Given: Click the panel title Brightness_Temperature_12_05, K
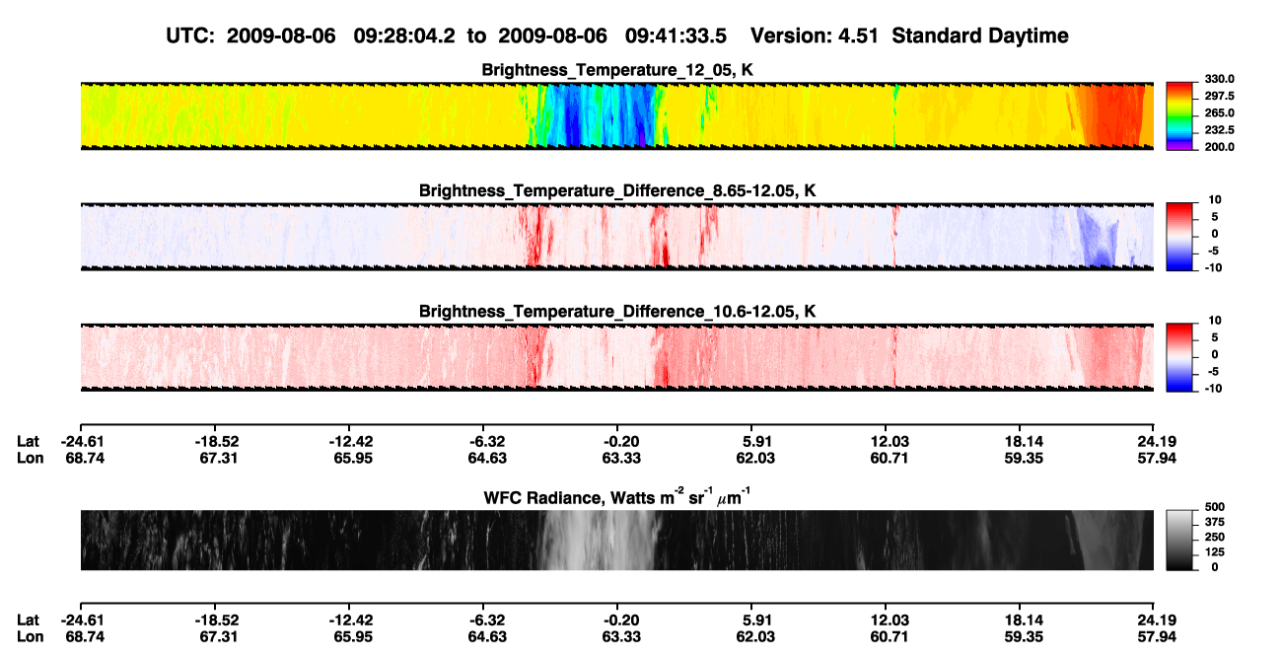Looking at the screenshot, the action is click(617, 70).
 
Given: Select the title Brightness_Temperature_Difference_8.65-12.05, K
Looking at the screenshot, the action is click(617, 190).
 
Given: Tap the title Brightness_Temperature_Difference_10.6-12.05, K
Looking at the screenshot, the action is click(617, 312).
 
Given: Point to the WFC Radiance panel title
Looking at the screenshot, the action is click(617, 496).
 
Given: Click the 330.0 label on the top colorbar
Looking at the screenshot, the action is click(1219, 79).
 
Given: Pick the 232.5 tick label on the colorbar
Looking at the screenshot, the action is click(1219, 130).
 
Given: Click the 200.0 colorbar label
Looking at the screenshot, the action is click(1219, 147).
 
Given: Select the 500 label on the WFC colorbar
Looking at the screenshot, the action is click(1215, 507).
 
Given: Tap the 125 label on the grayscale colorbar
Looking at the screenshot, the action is click(1215, 552).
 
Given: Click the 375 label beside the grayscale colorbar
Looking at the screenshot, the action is click(1215, 522).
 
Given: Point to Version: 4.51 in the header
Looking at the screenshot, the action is click(815, 36).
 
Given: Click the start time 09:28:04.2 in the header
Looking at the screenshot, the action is click(404, 36).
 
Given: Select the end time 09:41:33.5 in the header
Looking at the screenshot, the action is click(676, 36).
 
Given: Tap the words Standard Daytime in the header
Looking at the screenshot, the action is click(980, 36).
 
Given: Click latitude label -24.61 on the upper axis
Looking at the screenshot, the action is click(82, 442).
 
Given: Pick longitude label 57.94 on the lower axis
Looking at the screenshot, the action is click(1157, 637).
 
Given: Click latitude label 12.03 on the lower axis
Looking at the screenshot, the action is click(890, 621).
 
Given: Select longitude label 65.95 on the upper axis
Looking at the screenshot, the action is click(353, 458).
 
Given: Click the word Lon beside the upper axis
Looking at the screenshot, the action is click(30, 458).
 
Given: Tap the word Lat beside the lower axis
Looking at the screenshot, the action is click(28, 621).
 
